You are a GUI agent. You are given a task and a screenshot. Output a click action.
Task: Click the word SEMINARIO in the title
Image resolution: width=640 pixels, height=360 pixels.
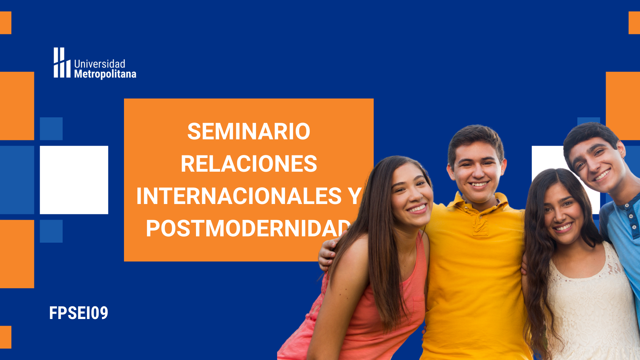click(249, 131)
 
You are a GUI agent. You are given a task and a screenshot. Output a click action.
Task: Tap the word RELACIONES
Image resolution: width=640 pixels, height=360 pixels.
click(249, 164)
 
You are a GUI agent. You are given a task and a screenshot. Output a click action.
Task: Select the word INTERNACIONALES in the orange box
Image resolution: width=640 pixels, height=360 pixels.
click(239, 196)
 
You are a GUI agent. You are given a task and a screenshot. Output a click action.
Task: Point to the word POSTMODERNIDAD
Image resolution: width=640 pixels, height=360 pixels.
click(248, 228)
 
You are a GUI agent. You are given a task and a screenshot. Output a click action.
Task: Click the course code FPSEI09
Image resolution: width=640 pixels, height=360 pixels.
click(79, 313)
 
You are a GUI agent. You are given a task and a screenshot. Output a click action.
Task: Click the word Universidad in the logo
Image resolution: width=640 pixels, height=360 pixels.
click(100, 64)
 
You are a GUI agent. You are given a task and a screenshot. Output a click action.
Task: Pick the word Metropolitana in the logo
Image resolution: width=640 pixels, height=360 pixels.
click(105, 74)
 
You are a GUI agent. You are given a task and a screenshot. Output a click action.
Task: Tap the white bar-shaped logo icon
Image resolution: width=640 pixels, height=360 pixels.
click(62, 63)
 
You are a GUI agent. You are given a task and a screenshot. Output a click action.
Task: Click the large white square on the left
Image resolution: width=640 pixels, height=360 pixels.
click(74, 180)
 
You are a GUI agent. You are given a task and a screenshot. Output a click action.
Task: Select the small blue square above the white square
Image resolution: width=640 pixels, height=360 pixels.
click(51, 129)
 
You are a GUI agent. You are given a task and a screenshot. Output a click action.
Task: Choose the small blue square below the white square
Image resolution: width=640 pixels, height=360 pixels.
click(51, 231)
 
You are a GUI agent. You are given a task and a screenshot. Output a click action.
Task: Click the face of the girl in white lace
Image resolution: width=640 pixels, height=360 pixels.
click(563, 213)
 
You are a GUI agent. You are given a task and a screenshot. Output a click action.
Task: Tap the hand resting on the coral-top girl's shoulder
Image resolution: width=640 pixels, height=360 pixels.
click(327, 253)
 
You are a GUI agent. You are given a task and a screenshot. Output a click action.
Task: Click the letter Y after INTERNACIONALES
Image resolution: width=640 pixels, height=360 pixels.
click(355, 196)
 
